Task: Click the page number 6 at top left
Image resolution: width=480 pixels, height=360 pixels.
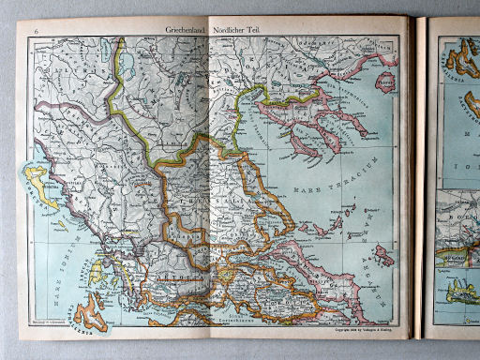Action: [36, 31]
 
